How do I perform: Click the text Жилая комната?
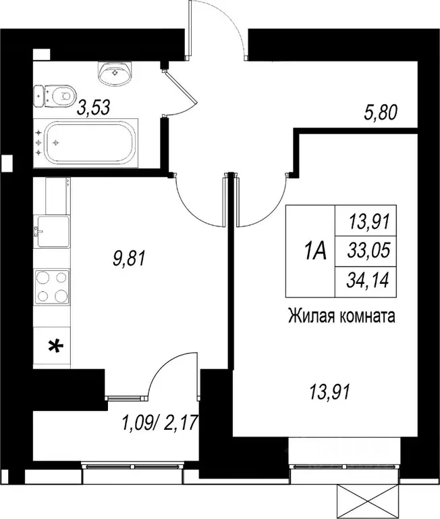coord(341,316)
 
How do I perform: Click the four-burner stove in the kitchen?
coord(52,285)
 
